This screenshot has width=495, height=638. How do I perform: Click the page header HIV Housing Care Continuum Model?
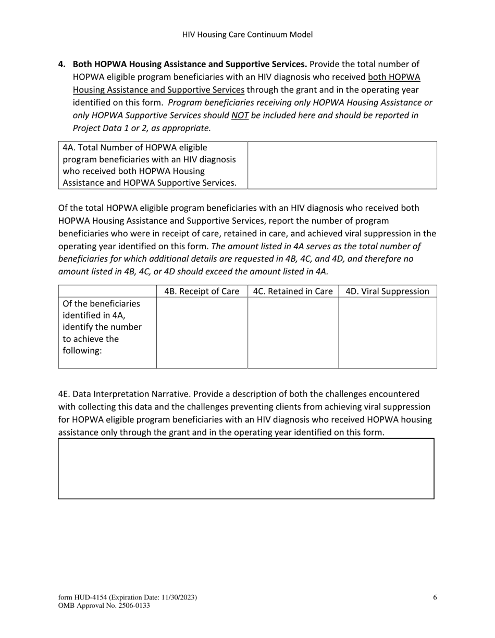click(x=247, y=35)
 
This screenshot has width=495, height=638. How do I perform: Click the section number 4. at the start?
click(x=62, y=65)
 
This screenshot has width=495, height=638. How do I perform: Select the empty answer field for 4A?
click(x=342, y=165)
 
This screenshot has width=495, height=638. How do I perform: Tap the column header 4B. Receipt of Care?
click(x=202, y=291)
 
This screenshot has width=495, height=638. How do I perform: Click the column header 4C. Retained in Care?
click(x=293, y=291)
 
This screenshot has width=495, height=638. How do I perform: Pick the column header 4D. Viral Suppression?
click(x=387, y=291)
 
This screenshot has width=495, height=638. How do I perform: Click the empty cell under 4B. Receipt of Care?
click(x=202, y=333)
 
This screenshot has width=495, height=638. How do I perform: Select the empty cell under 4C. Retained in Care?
click(x=293, y=333)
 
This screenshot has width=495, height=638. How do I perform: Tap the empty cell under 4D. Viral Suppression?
click(x=387, y=333)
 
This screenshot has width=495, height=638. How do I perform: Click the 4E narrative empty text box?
click(x=246, y=469)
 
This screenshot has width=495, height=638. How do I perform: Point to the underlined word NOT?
click(x=240, y=116)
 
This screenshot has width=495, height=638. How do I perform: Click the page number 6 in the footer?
click(x=435, y=597)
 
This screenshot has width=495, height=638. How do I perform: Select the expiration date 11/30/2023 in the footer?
click(x=176, y=597)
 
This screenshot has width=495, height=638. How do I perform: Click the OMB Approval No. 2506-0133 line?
click(x=104, y=606)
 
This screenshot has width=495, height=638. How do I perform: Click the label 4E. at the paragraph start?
click(x=65, y=394)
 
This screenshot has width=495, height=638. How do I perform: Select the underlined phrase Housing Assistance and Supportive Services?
click(x=158, y=90)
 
